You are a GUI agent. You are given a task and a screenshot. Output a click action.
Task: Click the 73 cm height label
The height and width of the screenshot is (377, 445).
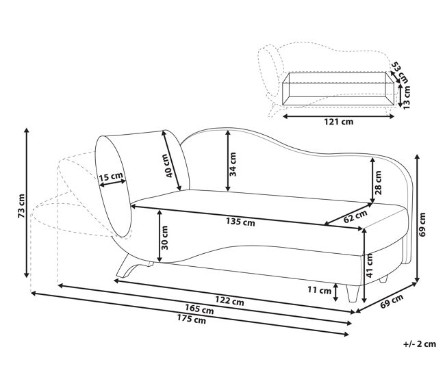[x=22, y=206]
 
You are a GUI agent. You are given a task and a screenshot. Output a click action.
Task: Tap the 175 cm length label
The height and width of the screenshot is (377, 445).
[x=192, y=320]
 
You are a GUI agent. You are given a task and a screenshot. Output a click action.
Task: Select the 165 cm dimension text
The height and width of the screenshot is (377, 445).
[x=199, y=309]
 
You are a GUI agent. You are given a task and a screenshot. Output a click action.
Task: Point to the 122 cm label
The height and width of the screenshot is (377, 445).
[x=229, y=300]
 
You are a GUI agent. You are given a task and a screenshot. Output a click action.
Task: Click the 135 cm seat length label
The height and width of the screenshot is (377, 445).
[x=240, y=222]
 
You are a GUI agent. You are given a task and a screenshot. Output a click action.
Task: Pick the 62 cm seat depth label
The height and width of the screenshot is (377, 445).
[x=355, y=216]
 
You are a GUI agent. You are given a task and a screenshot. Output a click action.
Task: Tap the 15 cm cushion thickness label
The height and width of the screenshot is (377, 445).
[x=111, y=177]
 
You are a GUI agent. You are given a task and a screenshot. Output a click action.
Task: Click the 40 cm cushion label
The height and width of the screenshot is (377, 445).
[x=168, y=166]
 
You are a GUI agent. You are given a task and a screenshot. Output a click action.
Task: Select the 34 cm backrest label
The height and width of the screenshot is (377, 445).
[x=233, y=164]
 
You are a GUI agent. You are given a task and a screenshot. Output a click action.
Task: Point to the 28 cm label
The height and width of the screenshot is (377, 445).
[x=378, y=183]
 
